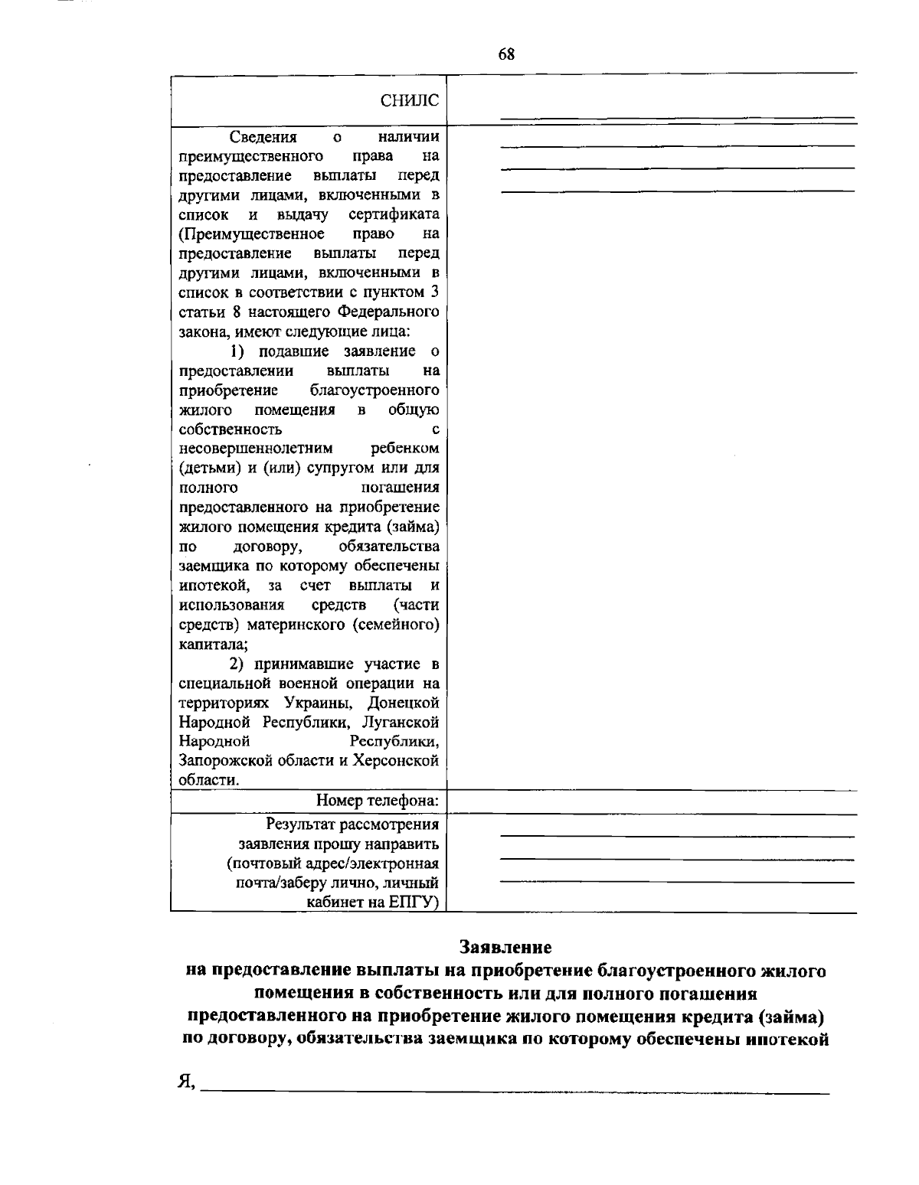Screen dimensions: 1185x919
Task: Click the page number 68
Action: pos(506,54)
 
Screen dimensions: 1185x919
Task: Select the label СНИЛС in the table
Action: pos(410,100)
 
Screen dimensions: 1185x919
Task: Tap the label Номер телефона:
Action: pos(378,801)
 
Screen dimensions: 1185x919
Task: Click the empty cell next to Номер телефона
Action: pos(651,802)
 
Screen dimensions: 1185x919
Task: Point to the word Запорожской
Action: pos(223,761)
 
